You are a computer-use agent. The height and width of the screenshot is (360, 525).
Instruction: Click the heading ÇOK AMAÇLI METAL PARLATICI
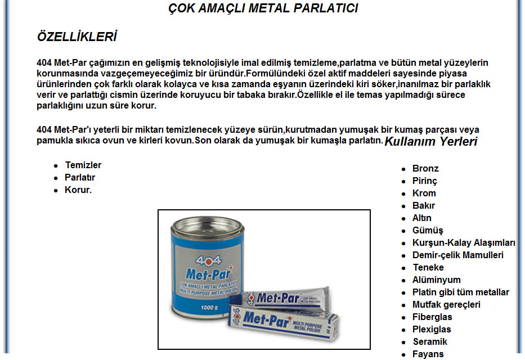[x=263, y=8]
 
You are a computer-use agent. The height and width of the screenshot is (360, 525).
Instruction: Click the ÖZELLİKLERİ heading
[x=77, y=37]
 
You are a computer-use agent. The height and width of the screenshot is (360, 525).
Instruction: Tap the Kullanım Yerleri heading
[x=430, y=141]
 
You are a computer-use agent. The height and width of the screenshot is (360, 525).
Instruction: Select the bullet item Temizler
[x=83, y=165]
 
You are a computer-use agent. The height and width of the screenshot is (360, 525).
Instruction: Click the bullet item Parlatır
[x=80, y=178]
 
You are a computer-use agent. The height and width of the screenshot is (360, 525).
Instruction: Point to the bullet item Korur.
[x=78, y=190]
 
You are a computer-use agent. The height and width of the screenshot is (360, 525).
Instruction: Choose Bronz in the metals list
[x=425, y=169]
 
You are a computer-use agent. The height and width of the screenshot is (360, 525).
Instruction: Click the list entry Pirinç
[x=425, y=181]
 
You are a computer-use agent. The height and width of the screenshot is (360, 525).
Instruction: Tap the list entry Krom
[x=424, y=193]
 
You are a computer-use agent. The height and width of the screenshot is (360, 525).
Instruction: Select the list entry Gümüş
[x=428, y=231]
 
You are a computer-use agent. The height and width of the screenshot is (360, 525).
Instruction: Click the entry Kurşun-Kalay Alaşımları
[x=464, y=243]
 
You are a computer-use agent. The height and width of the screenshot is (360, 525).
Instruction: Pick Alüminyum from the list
[x=436, y=280]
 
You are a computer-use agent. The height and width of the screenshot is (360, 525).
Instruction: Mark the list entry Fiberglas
[x=432, y=317]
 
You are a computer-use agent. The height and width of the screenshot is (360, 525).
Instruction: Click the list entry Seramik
[x=430, y=342]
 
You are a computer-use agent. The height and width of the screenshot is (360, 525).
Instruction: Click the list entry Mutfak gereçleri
[x=446, y=305]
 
